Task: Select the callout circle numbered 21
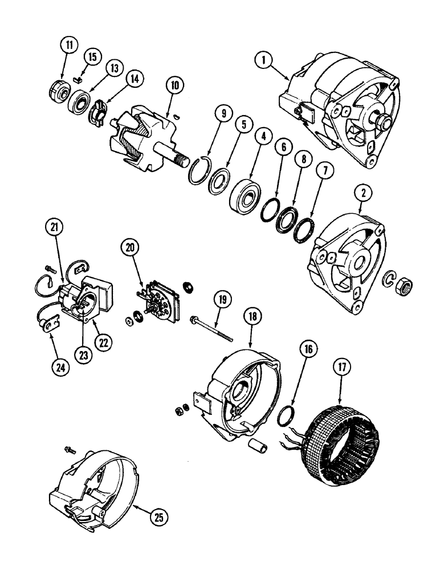[x=52, y=229]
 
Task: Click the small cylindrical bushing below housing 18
[x=257, y=446]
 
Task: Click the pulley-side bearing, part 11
[x=58, y=91]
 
